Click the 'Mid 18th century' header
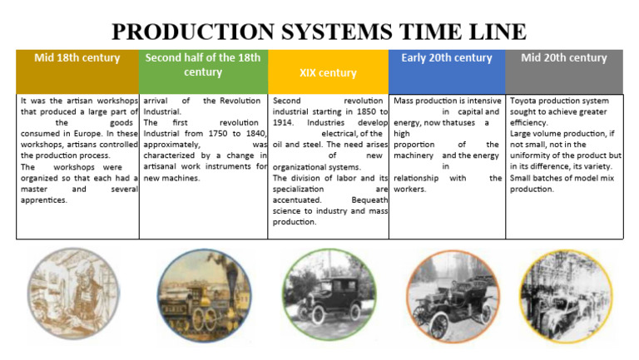[77, 58]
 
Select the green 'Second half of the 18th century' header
[203, 65]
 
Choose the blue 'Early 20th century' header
[446, 58]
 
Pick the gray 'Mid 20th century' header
[564, 58]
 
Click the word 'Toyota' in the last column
[524, 101]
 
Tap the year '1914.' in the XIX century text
[285, 122]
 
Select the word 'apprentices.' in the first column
[45, 200]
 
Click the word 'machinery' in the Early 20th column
[414, 155]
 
